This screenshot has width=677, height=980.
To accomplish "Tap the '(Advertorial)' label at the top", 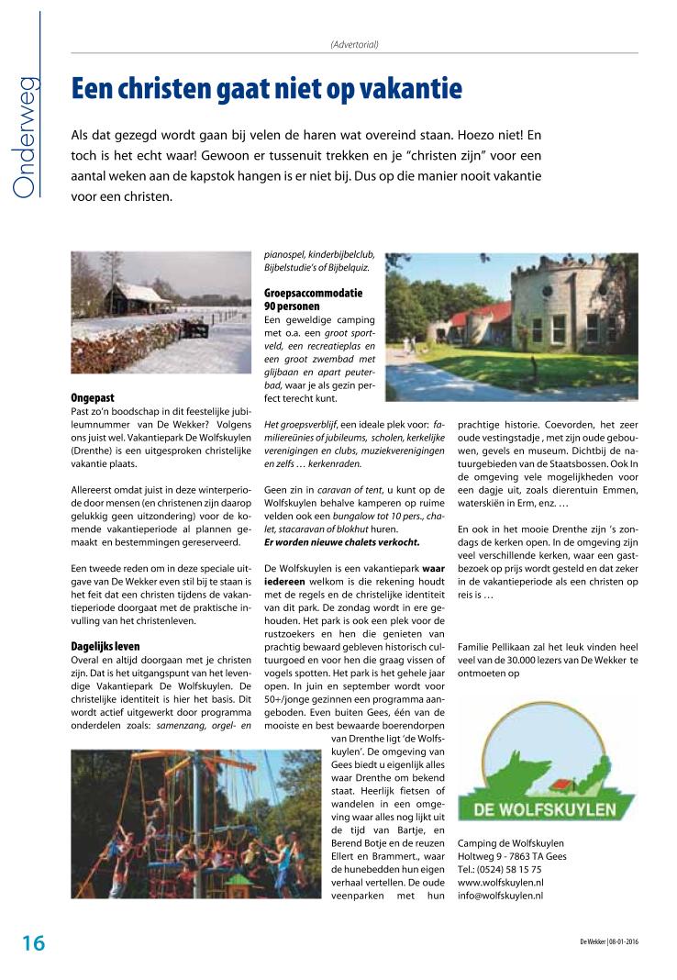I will point(354,44).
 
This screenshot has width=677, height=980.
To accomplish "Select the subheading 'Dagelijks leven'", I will point(105,647).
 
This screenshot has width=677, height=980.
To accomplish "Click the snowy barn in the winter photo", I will point(136,298).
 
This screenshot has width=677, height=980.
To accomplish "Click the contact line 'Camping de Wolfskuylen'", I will point(510,843).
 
